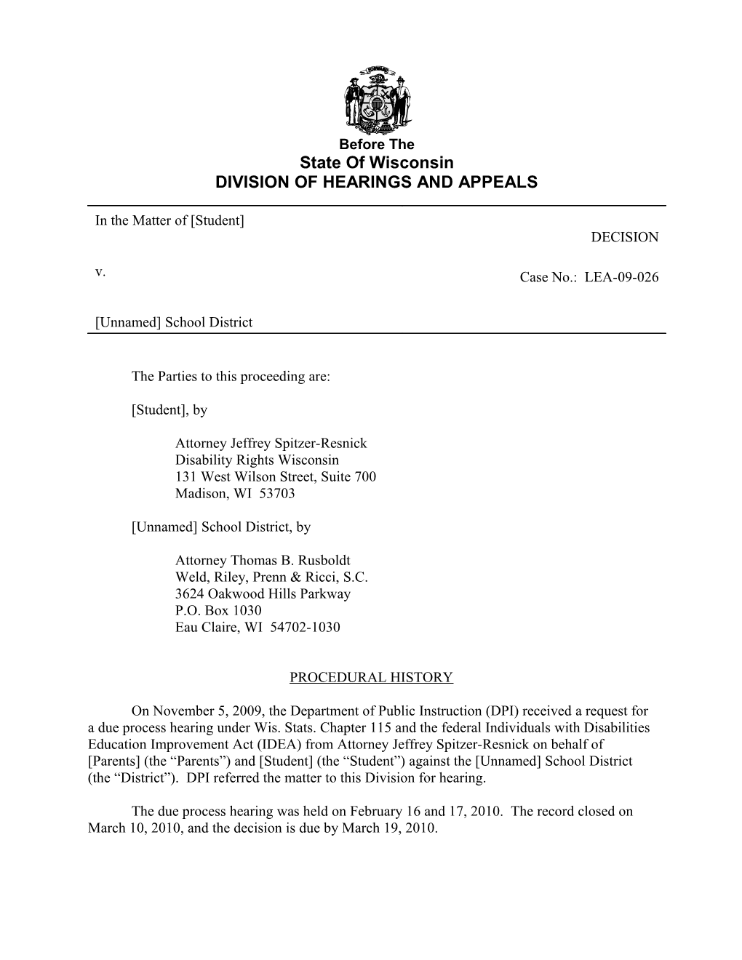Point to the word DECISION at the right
624,237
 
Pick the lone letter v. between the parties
100,272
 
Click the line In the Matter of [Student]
169,220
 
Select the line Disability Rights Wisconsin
257,460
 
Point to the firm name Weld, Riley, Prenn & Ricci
271,577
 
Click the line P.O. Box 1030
218,611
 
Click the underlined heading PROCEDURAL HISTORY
371,678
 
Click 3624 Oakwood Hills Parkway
263,594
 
